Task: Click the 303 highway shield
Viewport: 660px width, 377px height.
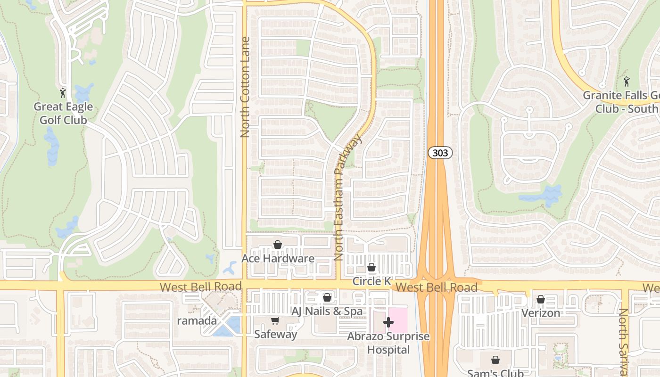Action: (x=440, y=153)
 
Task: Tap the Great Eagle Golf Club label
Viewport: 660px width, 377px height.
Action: (x=63, y=113)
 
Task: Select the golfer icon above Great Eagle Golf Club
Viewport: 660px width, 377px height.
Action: (x=63, y=93)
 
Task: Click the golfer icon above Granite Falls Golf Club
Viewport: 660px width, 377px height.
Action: (x=626, y=82)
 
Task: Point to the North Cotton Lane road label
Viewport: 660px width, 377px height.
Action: (x=244, y=87)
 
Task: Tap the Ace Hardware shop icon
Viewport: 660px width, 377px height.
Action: (x=278, y=245)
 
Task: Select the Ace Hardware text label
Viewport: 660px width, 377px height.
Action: (x=278, y=258)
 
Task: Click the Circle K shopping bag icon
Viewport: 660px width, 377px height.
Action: (x=371, y=268)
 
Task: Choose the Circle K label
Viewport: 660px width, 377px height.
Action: (x=371, y=281)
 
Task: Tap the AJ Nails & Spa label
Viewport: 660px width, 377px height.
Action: (x=327, y=311)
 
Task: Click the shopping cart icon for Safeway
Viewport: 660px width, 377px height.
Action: (x=275, y=321)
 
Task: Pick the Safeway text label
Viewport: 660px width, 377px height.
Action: (x=275, y=334)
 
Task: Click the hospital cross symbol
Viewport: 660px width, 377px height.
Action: (x=388, y=322)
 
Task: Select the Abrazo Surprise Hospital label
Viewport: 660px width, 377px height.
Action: (x=388, y=343)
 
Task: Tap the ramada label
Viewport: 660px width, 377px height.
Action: (x=197, y=321)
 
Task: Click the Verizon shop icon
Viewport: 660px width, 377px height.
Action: (x=541, y=299)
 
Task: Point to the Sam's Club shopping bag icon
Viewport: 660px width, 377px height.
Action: (x=495, y=360)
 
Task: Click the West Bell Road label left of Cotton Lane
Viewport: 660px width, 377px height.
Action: (x=200, y=287)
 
